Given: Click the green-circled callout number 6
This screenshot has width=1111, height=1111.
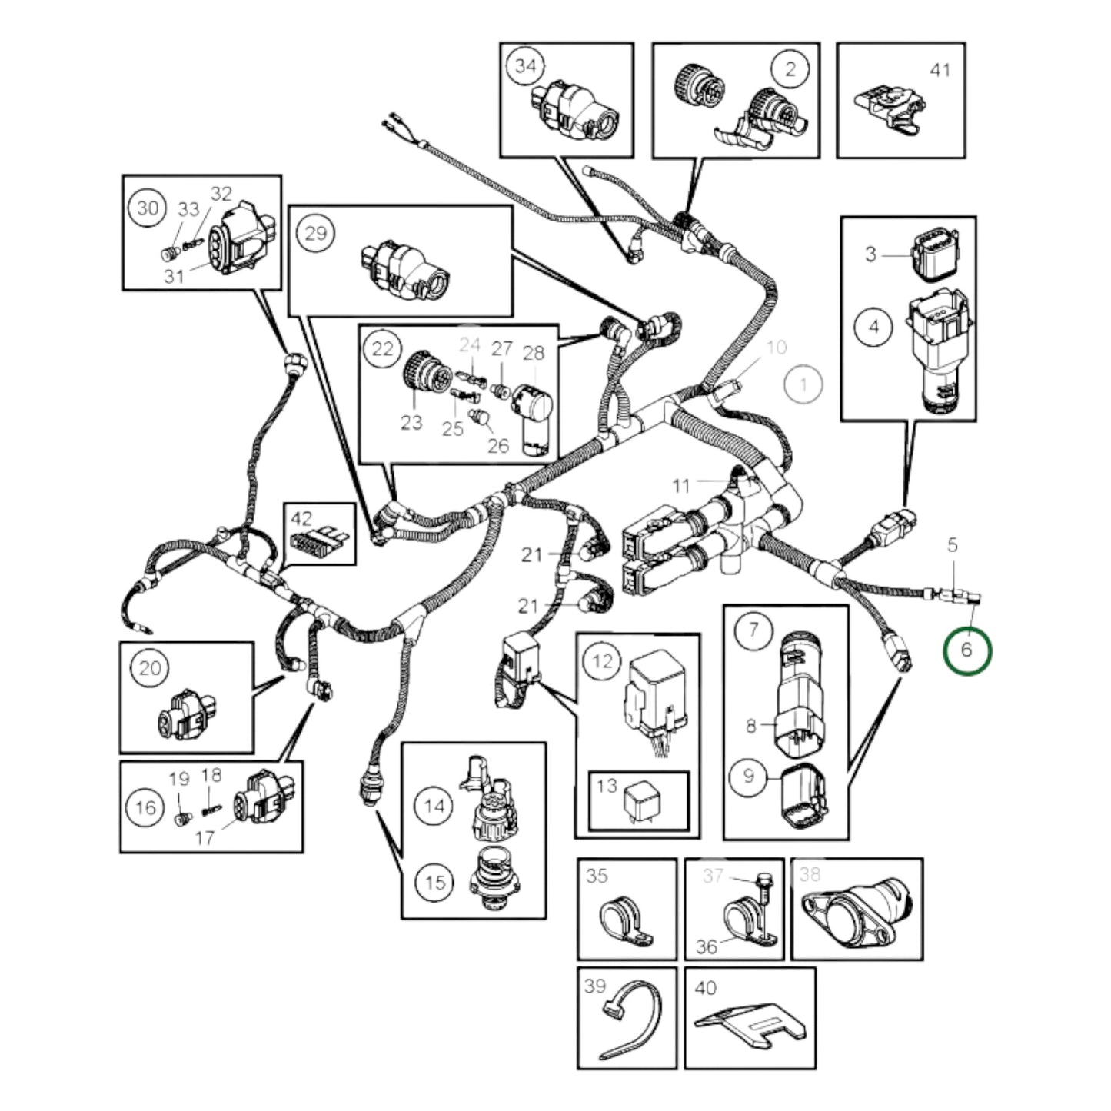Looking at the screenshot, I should pos(967,650).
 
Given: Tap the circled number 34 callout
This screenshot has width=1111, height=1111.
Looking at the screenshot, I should pos(525,66).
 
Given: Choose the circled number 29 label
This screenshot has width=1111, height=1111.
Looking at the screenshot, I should pos(316,233).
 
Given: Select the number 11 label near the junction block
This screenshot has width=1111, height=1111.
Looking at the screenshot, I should pos(681,486).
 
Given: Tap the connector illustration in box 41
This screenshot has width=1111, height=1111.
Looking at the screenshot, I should pos(890,108).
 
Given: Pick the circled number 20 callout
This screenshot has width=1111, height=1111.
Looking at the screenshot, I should pos(150,667).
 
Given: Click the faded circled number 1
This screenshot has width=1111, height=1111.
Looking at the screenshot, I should pos(803,384).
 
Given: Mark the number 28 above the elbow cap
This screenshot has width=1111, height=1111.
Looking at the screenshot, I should pos(533,353).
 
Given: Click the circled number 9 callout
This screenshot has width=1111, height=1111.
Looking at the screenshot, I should pos(748,777).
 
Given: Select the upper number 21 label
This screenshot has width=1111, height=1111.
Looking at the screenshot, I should pos(531,554).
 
